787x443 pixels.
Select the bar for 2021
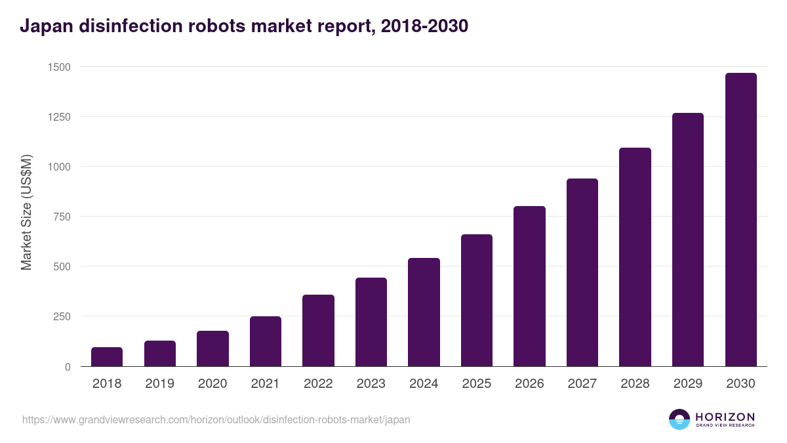pos(266,341)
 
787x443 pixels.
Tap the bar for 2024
pos(424,312)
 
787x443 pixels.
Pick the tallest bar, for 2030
pos(740,220)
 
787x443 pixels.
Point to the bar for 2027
pos(582,272)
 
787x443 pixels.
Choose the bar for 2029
pos(688,240)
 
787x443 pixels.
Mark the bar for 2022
pos(318,331)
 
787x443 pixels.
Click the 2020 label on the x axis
pos(212,384)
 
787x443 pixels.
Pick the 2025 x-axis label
pos(477,384)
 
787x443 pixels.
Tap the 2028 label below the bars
pos(635,384)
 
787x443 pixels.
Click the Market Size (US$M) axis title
pos(26,212)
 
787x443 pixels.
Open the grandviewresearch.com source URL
pos(216,419)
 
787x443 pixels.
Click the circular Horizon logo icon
pos(679,419)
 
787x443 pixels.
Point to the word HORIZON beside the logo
pos(724,416)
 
